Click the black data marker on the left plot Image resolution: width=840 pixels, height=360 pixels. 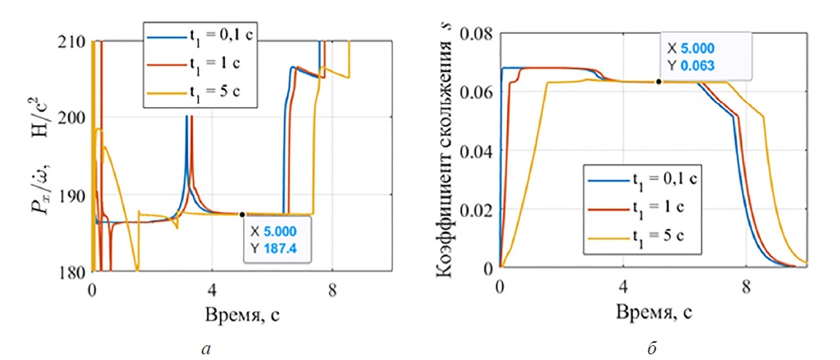pyautogui.click(x=242, y=214)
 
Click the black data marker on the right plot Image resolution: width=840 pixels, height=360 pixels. pyautogui.click(x=659, y=82)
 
